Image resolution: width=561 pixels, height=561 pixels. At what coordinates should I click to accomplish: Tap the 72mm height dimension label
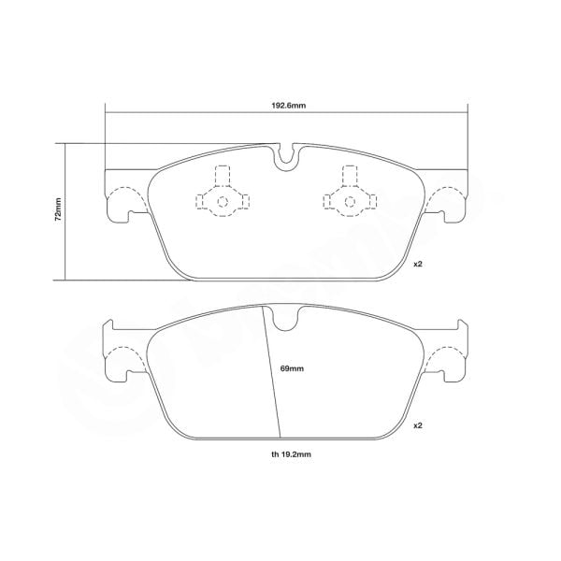pyautogui.click(x=58, y=210)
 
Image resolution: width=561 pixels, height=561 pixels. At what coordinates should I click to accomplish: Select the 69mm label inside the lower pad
pyautogui.click(x=292, y=368)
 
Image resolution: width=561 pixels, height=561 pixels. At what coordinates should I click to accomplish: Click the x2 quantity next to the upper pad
pyautogui.click(x=418, y=265)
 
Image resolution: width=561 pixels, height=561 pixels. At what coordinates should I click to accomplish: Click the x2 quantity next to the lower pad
pyautogui.click(x=418, y=425)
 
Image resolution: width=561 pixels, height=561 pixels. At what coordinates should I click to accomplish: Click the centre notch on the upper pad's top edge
pyautogui.click(x=288, y=155)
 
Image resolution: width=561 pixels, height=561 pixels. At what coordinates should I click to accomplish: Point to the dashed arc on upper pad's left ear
pyautogui.click(x=125, y=199)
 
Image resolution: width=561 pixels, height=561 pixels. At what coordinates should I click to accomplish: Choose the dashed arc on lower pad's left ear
pyautogui.click(x=125, y=361)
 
